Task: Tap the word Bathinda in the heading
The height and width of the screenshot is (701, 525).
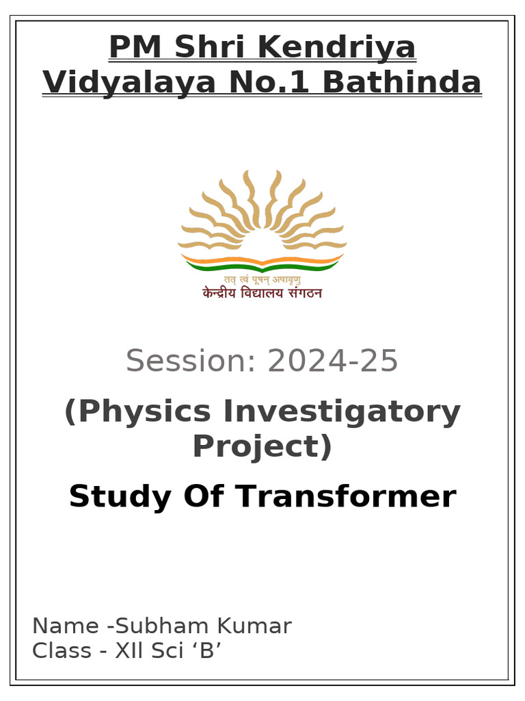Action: pos(402,83)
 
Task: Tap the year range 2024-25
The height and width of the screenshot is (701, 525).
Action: pos(332,361)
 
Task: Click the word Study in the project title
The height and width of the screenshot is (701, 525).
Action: pos(117,496)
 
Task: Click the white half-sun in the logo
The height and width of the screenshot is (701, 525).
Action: pos(262,243)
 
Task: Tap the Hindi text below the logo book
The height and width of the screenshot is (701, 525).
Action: pos(262,293)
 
